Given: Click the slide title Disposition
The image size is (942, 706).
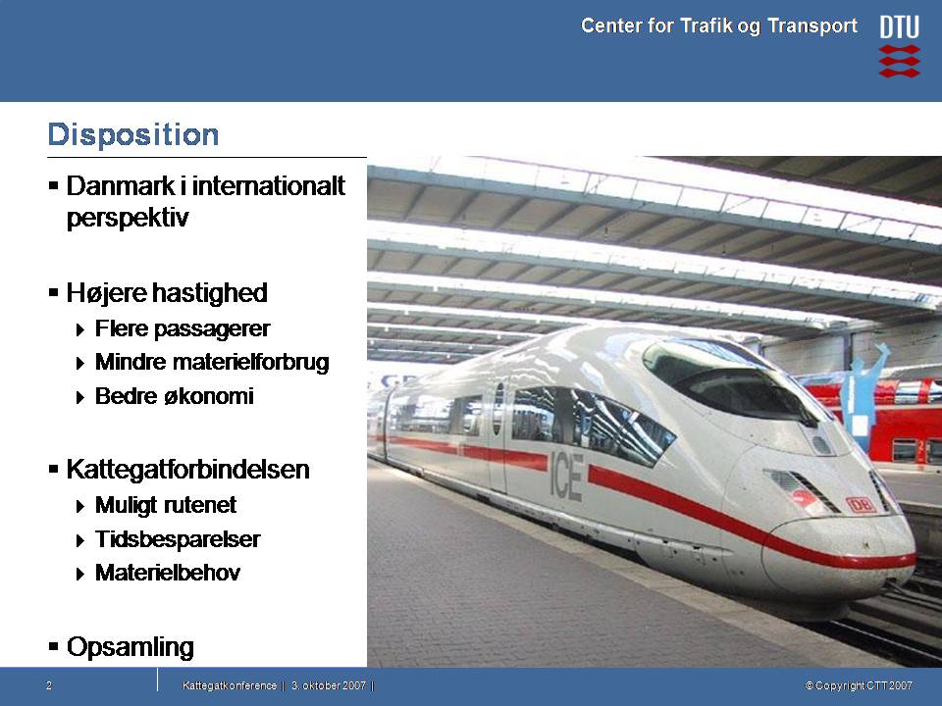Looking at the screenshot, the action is (133, 134).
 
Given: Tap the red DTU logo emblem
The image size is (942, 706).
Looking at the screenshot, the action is (900, 61).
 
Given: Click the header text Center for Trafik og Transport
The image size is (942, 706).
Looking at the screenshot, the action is (719, 25).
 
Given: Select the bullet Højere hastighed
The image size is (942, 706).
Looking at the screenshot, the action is (167, 293).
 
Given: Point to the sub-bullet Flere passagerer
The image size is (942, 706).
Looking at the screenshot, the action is (183, 328).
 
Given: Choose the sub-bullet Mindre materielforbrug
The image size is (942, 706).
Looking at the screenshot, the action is (212, 362).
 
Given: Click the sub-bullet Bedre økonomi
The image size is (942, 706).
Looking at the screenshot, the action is (175, 396).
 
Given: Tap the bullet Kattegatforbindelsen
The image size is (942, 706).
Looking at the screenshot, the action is (188, 470).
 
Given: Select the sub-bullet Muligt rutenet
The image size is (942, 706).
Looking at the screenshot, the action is (166, 506).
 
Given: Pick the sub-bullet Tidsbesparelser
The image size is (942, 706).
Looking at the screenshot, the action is (178, 539).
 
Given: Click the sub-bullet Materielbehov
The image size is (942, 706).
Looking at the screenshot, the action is (168, 573).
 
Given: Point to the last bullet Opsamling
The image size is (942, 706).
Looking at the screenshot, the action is (131, 648).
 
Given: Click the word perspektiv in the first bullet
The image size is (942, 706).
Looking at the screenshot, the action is (128, 218).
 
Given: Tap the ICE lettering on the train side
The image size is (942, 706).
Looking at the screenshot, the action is (566, 477).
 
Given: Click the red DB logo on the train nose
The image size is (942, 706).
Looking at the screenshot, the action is (861, 505).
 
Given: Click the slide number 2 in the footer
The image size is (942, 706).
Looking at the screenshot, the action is (49, 685).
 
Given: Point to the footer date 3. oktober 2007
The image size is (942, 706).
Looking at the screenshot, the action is (329, 685).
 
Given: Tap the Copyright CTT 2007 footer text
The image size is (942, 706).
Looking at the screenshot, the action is (860, 685).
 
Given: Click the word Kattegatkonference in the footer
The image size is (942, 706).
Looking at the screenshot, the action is (230, 685).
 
